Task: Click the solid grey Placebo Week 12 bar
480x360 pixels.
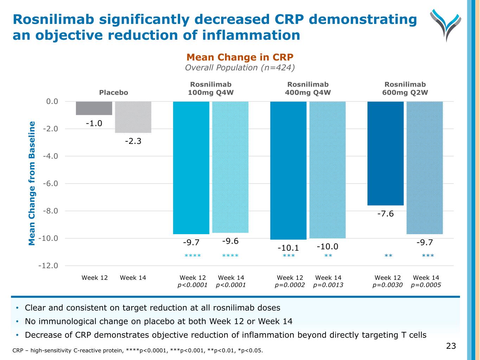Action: (94, 108)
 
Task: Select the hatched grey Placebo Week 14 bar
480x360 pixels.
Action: (133, 117)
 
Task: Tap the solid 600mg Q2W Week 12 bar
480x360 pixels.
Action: (385, 153)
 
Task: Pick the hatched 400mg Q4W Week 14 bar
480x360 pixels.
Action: (327, 170)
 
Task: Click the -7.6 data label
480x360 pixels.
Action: (385, 214)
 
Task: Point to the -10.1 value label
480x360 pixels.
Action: (288, 248)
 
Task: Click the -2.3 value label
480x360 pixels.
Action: (133, 141)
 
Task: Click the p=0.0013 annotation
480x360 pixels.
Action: (328, 285)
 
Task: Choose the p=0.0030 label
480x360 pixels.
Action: (388, 285)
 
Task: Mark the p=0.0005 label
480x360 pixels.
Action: (426, 285)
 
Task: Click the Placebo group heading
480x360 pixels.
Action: (114, 92)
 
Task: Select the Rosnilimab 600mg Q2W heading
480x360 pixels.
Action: (405, 89)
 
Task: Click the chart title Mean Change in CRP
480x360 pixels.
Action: (240, 57)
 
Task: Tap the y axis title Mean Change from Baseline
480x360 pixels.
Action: (32, 183)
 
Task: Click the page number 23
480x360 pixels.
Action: (451, 346)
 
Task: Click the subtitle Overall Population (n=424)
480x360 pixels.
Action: (240, 67)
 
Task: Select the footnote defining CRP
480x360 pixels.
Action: (137, 350)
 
